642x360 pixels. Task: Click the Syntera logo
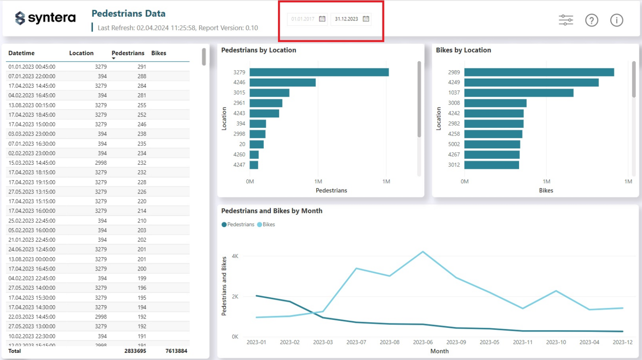[x=45, y=18]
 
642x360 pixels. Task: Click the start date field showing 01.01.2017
[x=303, y=19]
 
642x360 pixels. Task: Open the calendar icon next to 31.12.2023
[x=366, y=19]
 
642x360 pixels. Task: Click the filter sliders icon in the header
[x=566, y=20]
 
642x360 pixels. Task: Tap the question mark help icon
[x=591, y=20]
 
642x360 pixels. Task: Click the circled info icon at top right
[x=617, y=20]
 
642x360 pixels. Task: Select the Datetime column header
[x=21, y=53]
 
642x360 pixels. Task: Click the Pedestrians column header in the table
[x=127, y=53]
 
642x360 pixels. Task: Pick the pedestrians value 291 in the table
[x=142, y=67]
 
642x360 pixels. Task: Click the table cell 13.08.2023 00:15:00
[x=32, y=105]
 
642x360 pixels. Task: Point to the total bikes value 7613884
[x=176, y=351]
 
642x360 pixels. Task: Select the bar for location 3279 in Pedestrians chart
[x=319, y=72]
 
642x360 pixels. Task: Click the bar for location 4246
[x=283, y=82]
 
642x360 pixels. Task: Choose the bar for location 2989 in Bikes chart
[x=539, y=72]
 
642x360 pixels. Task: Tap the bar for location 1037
[x=518, y=93]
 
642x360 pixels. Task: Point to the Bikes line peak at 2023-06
[x=423, y=252]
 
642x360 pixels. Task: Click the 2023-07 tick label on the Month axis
[x=356, y=342]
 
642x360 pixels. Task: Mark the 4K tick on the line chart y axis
[x=235, y=256]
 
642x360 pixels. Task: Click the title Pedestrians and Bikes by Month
[x=272, y=211]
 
